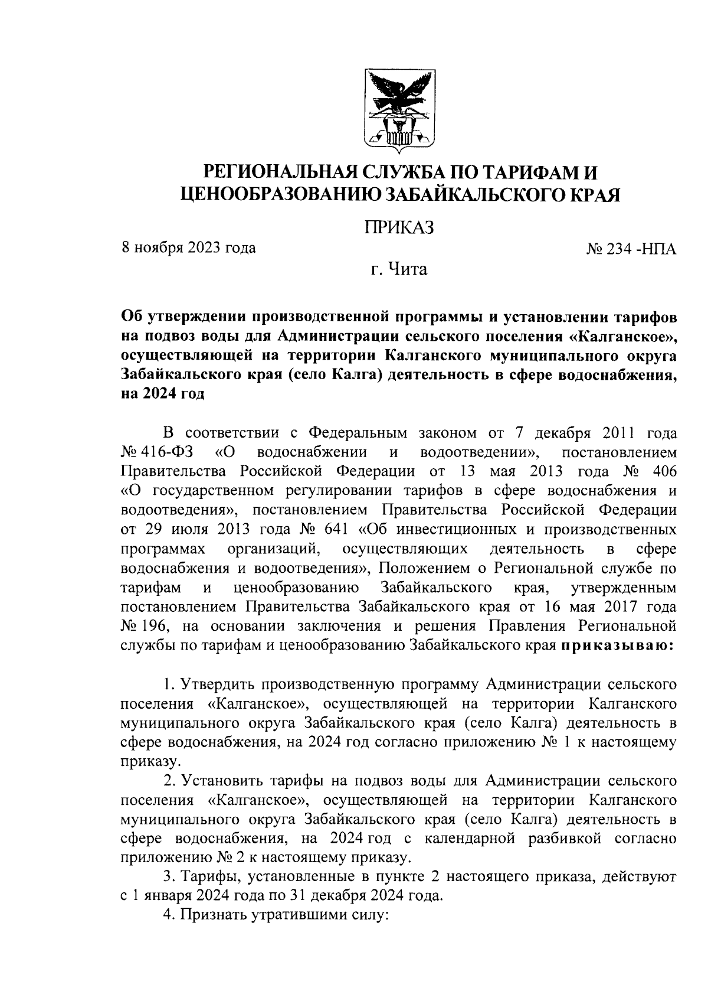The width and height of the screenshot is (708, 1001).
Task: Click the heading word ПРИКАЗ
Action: (399, 227)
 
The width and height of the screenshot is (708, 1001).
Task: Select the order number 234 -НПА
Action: (631, 249)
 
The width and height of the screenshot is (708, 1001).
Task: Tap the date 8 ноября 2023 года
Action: (188, 247)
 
